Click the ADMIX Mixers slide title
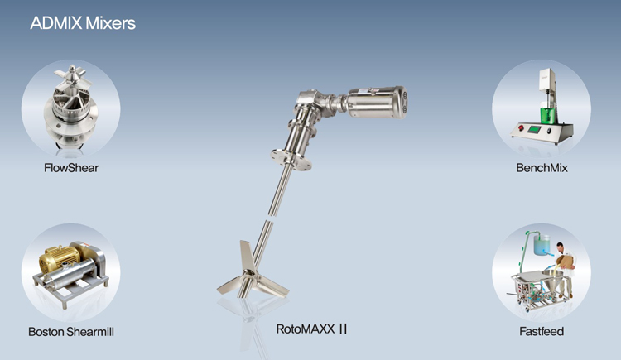point(83,23)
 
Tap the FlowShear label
point(71,168)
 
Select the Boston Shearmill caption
point(71,332)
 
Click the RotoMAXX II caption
point(311,329)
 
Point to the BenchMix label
point(542,168)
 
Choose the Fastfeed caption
point(542,331)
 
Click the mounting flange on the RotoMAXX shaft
point(291,159)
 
